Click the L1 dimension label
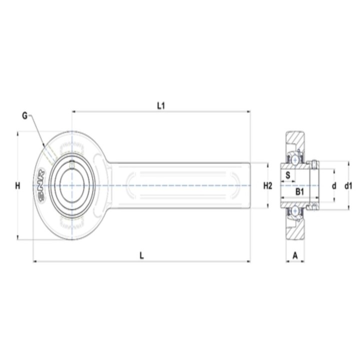[x=161, y=106]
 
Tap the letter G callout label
[x=25, y=116]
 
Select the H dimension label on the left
[x=17, y=185]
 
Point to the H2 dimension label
[x=267, y=185]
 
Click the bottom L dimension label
[x=142, y=255]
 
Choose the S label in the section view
[x=287, y=175]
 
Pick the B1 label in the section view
[x=299, y=191]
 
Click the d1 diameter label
[x=348, y=185]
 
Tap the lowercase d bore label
[x=334, y=185]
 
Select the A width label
[x=295, y=255]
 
